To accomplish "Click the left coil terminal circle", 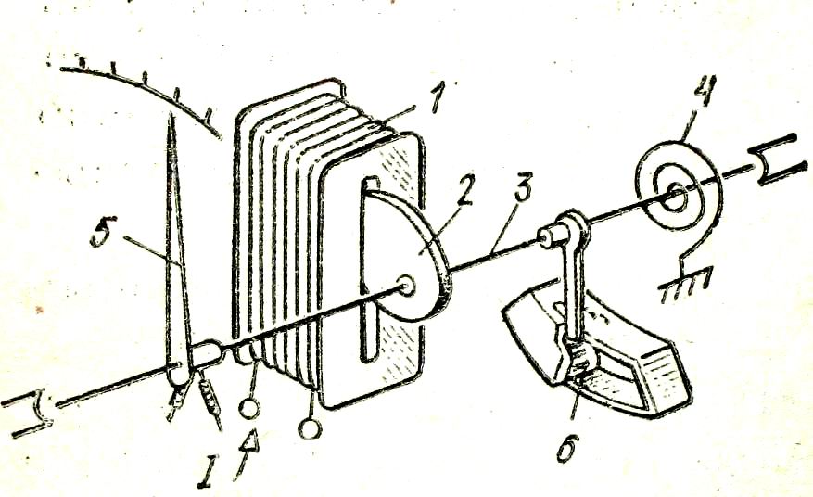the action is tap(248, 408).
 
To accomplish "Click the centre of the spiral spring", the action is tap(674, 197).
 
